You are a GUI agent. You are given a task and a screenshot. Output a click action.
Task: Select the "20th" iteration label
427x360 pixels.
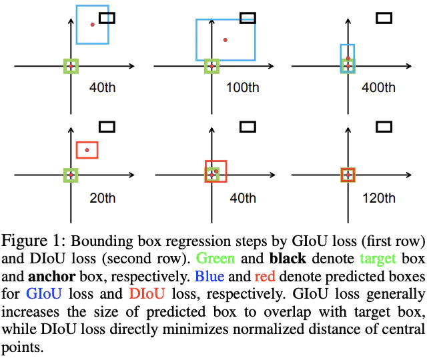pos(103,198)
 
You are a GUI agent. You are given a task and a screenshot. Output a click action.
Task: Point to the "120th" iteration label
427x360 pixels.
pos(378,198)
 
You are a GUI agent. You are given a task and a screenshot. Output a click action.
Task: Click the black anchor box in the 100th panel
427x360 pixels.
pos(248,18)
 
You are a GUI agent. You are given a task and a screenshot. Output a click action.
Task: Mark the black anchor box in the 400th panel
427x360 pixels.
pos(384,18)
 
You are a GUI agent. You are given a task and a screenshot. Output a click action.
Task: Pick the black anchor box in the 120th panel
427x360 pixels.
pos(384,126)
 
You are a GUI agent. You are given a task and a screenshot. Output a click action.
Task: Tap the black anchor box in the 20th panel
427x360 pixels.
pos(107,126)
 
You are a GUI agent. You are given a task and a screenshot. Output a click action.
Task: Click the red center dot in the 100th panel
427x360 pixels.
pos(226,40)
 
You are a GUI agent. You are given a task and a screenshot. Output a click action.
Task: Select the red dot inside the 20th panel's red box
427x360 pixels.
pos(87,150)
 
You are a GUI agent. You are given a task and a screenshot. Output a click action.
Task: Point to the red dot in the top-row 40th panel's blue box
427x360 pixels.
pos(93,24)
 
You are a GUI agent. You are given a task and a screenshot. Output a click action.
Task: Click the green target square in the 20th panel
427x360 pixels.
pos(71,175)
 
